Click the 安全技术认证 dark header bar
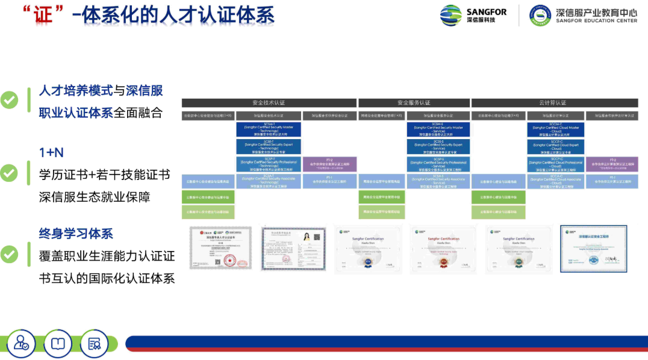269,103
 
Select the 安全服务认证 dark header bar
414,103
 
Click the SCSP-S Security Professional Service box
438,164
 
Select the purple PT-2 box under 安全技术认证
329,164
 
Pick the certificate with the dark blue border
593,249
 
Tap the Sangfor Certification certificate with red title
443,249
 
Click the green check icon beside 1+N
9,173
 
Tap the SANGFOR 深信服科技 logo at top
473,15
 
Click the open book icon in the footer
58,343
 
